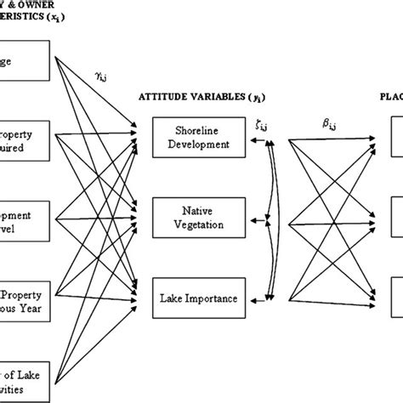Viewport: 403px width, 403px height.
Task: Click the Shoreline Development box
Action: (196, 135)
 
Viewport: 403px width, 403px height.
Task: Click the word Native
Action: (196, 209)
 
